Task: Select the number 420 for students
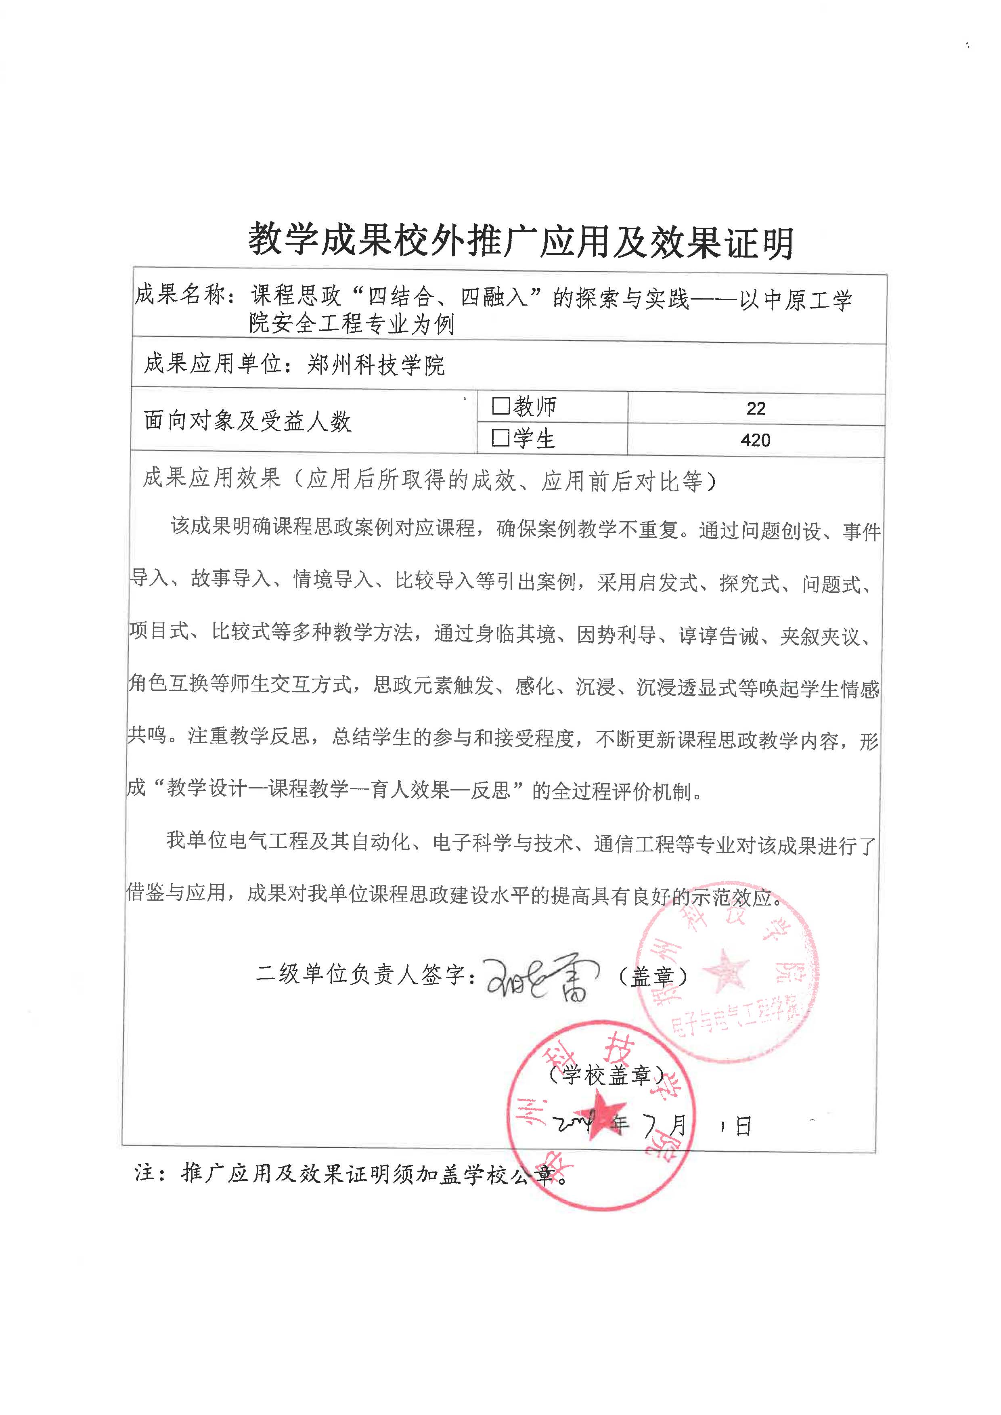click(756, 440)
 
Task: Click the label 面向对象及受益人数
click(248, 421)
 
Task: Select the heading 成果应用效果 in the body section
click(212, 478)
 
